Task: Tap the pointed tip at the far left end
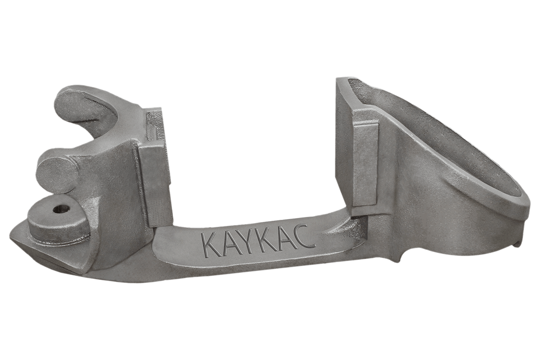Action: click(11, 234)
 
